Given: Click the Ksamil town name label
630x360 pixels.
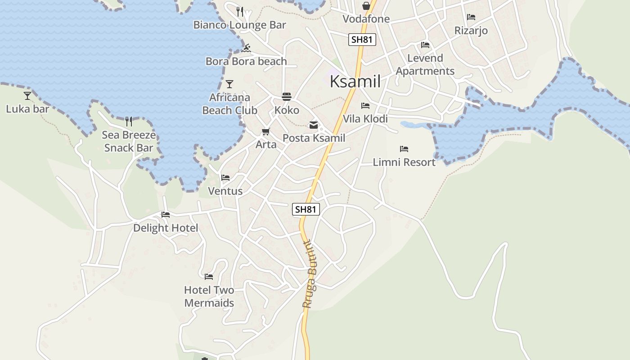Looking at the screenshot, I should coord(355,81).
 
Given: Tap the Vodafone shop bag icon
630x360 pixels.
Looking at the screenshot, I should coord(366,6).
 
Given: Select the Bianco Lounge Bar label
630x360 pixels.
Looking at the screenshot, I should coord(239,25).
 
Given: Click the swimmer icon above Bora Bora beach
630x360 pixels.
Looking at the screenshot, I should coord(246,48).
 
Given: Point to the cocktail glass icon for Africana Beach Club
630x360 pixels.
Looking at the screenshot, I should coord(229,84).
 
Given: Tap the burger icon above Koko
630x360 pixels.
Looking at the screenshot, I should coord(287,97).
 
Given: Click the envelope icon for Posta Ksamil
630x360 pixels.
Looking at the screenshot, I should coord(314,125).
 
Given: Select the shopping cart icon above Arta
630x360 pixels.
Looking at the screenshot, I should coord(266,132).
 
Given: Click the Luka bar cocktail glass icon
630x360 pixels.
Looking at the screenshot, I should coord(27,95).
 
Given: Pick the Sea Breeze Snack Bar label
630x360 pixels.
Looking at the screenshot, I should coord(129,141).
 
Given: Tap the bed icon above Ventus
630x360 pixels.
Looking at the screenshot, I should coord(225,178).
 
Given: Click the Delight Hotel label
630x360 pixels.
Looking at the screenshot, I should coord(166,228).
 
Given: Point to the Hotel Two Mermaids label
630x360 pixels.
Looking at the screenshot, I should coord(209,297).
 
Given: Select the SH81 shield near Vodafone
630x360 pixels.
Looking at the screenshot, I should coord(362,40).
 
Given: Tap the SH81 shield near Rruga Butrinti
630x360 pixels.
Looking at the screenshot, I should coord(306,209).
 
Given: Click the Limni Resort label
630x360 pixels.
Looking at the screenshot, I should coord(404,162).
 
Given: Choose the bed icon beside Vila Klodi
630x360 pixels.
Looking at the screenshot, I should coord(365,106).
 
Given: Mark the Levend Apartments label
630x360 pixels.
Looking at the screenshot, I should coord(425,65).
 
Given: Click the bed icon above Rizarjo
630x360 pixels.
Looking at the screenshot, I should coord(471,17).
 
